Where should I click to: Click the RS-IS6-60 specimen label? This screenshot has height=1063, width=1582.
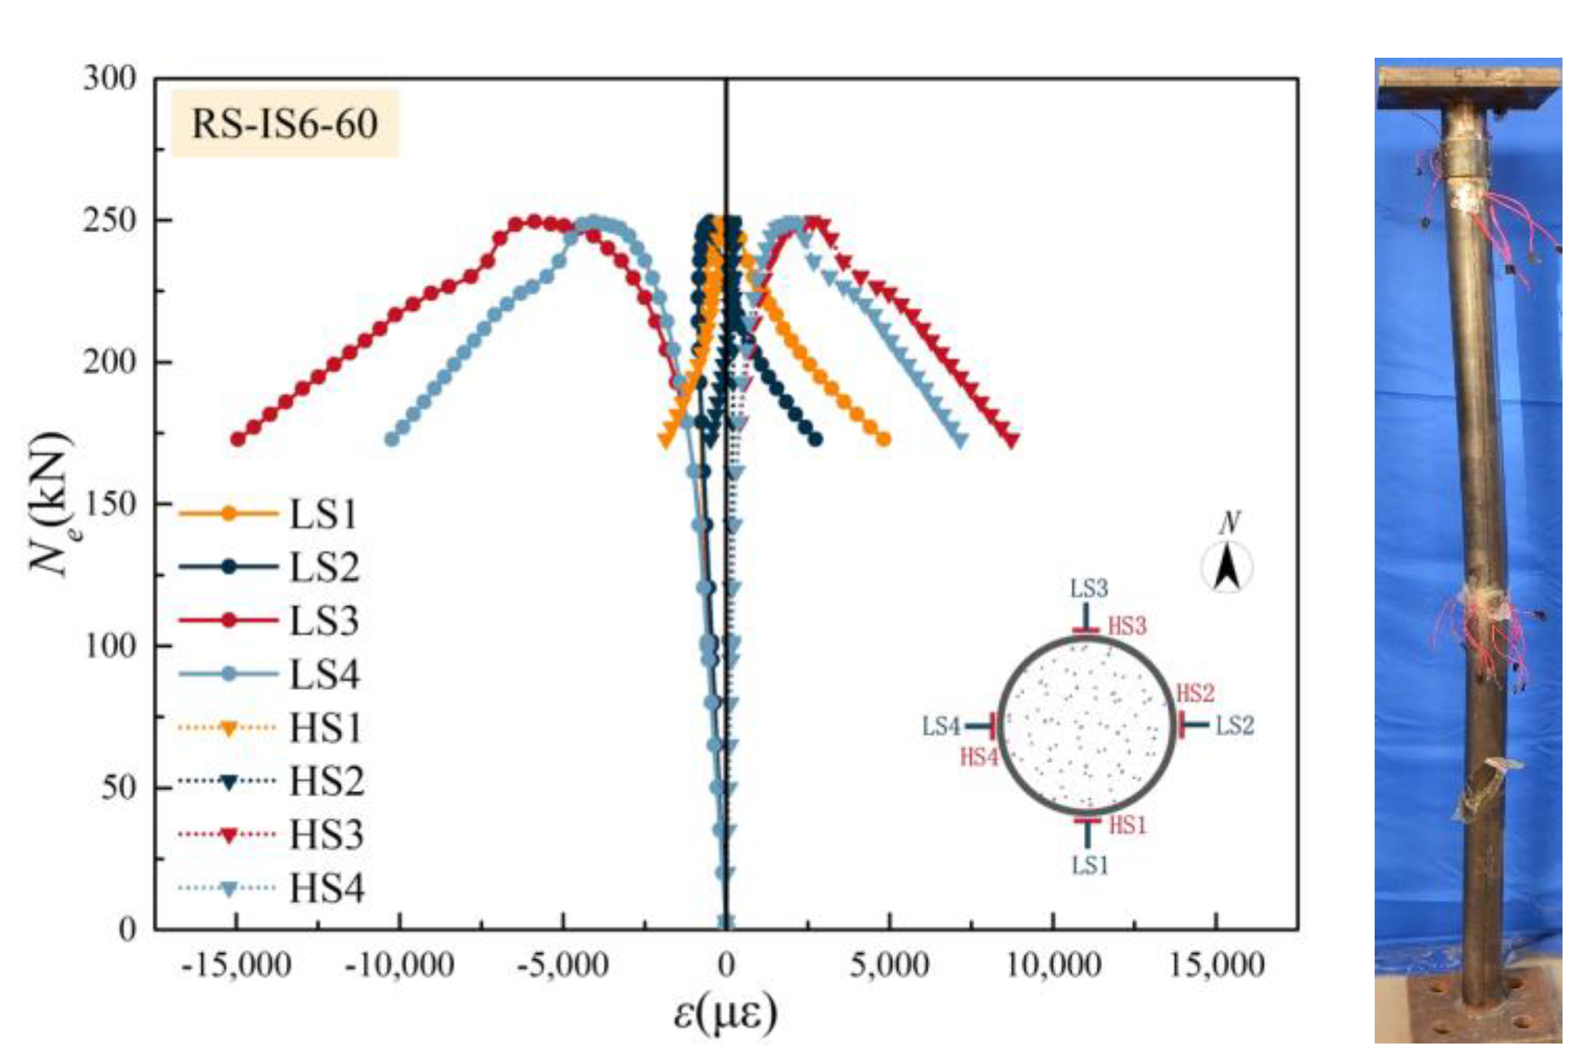(285, 124)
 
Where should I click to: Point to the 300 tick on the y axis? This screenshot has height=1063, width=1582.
(109, 79)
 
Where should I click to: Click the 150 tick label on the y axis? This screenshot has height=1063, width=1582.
(109, 504)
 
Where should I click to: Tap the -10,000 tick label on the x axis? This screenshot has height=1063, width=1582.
(399, 966)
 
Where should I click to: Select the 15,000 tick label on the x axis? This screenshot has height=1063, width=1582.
(1216, 966)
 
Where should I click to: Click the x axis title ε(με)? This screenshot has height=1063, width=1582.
(725, 1013)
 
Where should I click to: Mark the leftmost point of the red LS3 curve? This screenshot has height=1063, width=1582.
(238, 439)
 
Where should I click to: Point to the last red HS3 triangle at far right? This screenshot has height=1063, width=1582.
(1012, 440)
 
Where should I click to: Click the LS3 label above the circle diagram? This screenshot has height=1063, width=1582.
(1088, 589)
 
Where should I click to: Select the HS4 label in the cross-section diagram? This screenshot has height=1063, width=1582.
(979, 757)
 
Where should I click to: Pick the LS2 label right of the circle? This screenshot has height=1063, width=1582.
(1234, 726)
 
